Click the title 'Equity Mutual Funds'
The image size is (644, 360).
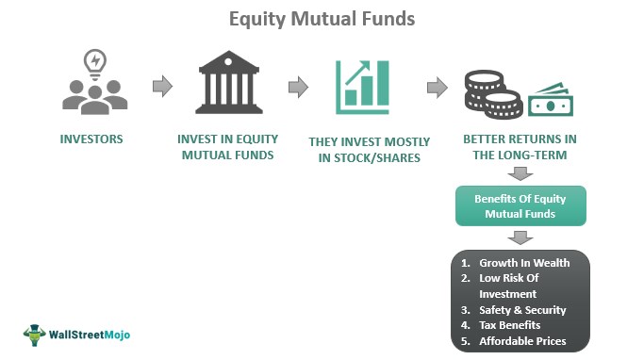tap(322, 18)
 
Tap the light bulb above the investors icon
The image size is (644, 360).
tap(94, 61)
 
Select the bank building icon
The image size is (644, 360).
tap(229, 86)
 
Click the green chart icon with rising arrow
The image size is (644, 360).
tap(363, 86)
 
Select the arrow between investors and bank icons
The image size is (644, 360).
tap(162, 87)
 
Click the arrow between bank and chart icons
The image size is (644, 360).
tap(298, 87)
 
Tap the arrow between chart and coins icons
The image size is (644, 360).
tap(437, 88)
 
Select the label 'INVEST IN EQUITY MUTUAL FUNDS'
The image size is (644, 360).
tap(229, 147)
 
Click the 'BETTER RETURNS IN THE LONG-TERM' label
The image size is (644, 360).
tap(521, 148)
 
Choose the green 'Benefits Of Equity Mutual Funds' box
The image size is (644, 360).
tap(520, 205)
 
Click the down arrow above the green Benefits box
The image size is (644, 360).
tap(520, 173)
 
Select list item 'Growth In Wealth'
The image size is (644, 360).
tap(523, 263)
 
